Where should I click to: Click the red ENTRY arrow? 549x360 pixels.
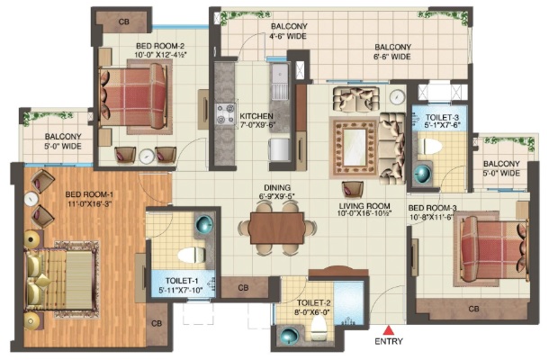(388, 330)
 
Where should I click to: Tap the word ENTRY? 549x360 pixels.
(389, 341)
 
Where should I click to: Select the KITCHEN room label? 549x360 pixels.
(256, 116)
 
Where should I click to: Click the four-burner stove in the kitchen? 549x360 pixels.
(226, 114)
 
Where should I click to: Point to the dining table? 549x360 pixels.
(276, 228)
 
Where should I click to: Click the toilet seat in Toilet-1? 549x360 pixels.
(191, 255)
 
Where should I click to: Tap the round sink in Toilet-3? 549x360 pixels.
(423, 174)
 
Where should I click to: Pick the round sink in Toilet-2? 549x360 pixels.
(289, 336)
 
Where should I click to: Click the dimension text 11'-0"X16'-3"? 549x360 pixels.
(88, 204)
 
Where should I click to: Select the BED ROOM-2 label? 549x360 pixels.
(160, 46)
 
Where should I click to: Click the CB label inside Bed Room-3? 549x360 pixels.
(473, 309)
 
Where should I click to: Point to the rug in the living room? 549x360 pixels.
(355, 148)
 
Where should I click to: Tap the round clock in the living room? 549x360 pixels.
(397, 96)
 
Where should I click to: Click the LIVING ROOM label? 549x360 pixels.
(364, 206)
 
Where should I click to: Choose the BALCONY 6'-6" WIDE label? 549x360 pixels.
(392, 51)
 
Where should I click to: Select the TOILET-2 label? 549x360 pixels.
(314, 303)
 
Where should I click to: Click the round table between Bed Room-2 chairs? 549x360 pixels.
(147, 157)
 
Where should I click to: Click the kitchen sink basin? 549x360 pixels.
(279, 75)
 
